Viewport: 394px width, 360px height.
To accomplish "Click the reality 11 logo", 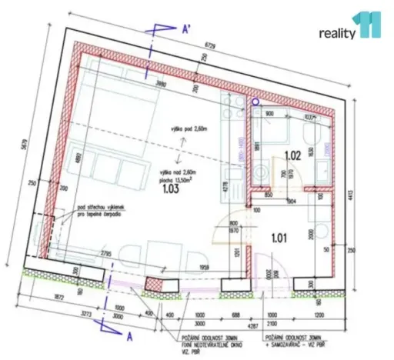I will pos(350,28).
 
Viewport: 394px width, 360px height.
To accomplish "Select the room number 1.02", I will pos(292,155).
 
